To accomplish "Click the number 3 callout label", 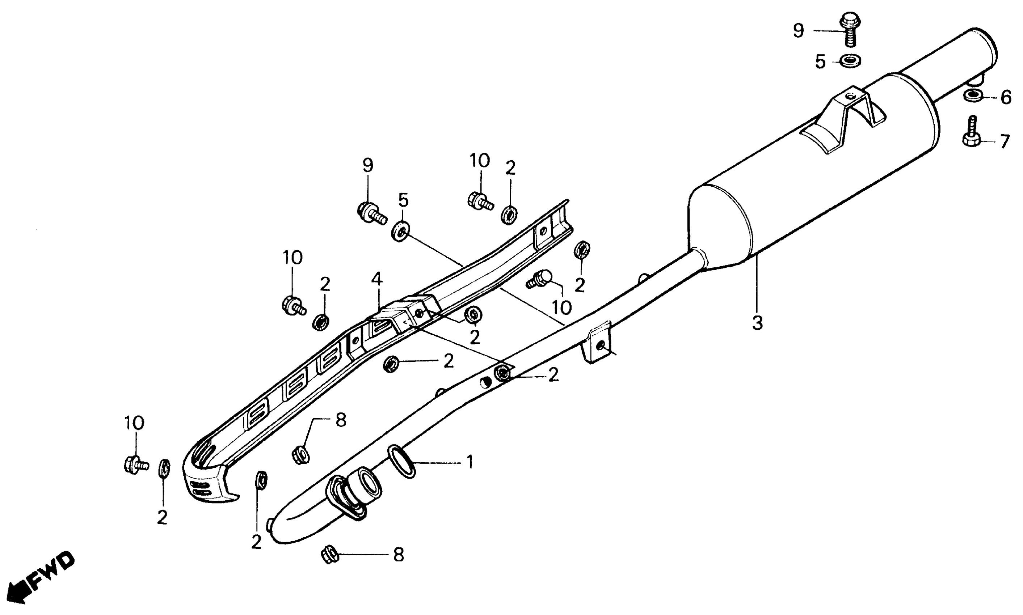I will point(757,323).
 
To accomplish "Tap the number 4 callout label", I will point(376,279).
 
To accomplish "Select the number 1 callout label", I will point(470,462).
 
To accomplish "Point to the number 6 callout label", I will point(1006,97).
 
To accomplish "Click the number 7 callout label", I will point(1004,142).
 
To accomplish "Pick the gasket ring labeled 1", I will point(401,461).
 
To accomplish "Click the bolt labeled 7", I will point(972,133).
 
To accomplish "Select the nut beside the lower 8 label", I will point(330,555).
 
